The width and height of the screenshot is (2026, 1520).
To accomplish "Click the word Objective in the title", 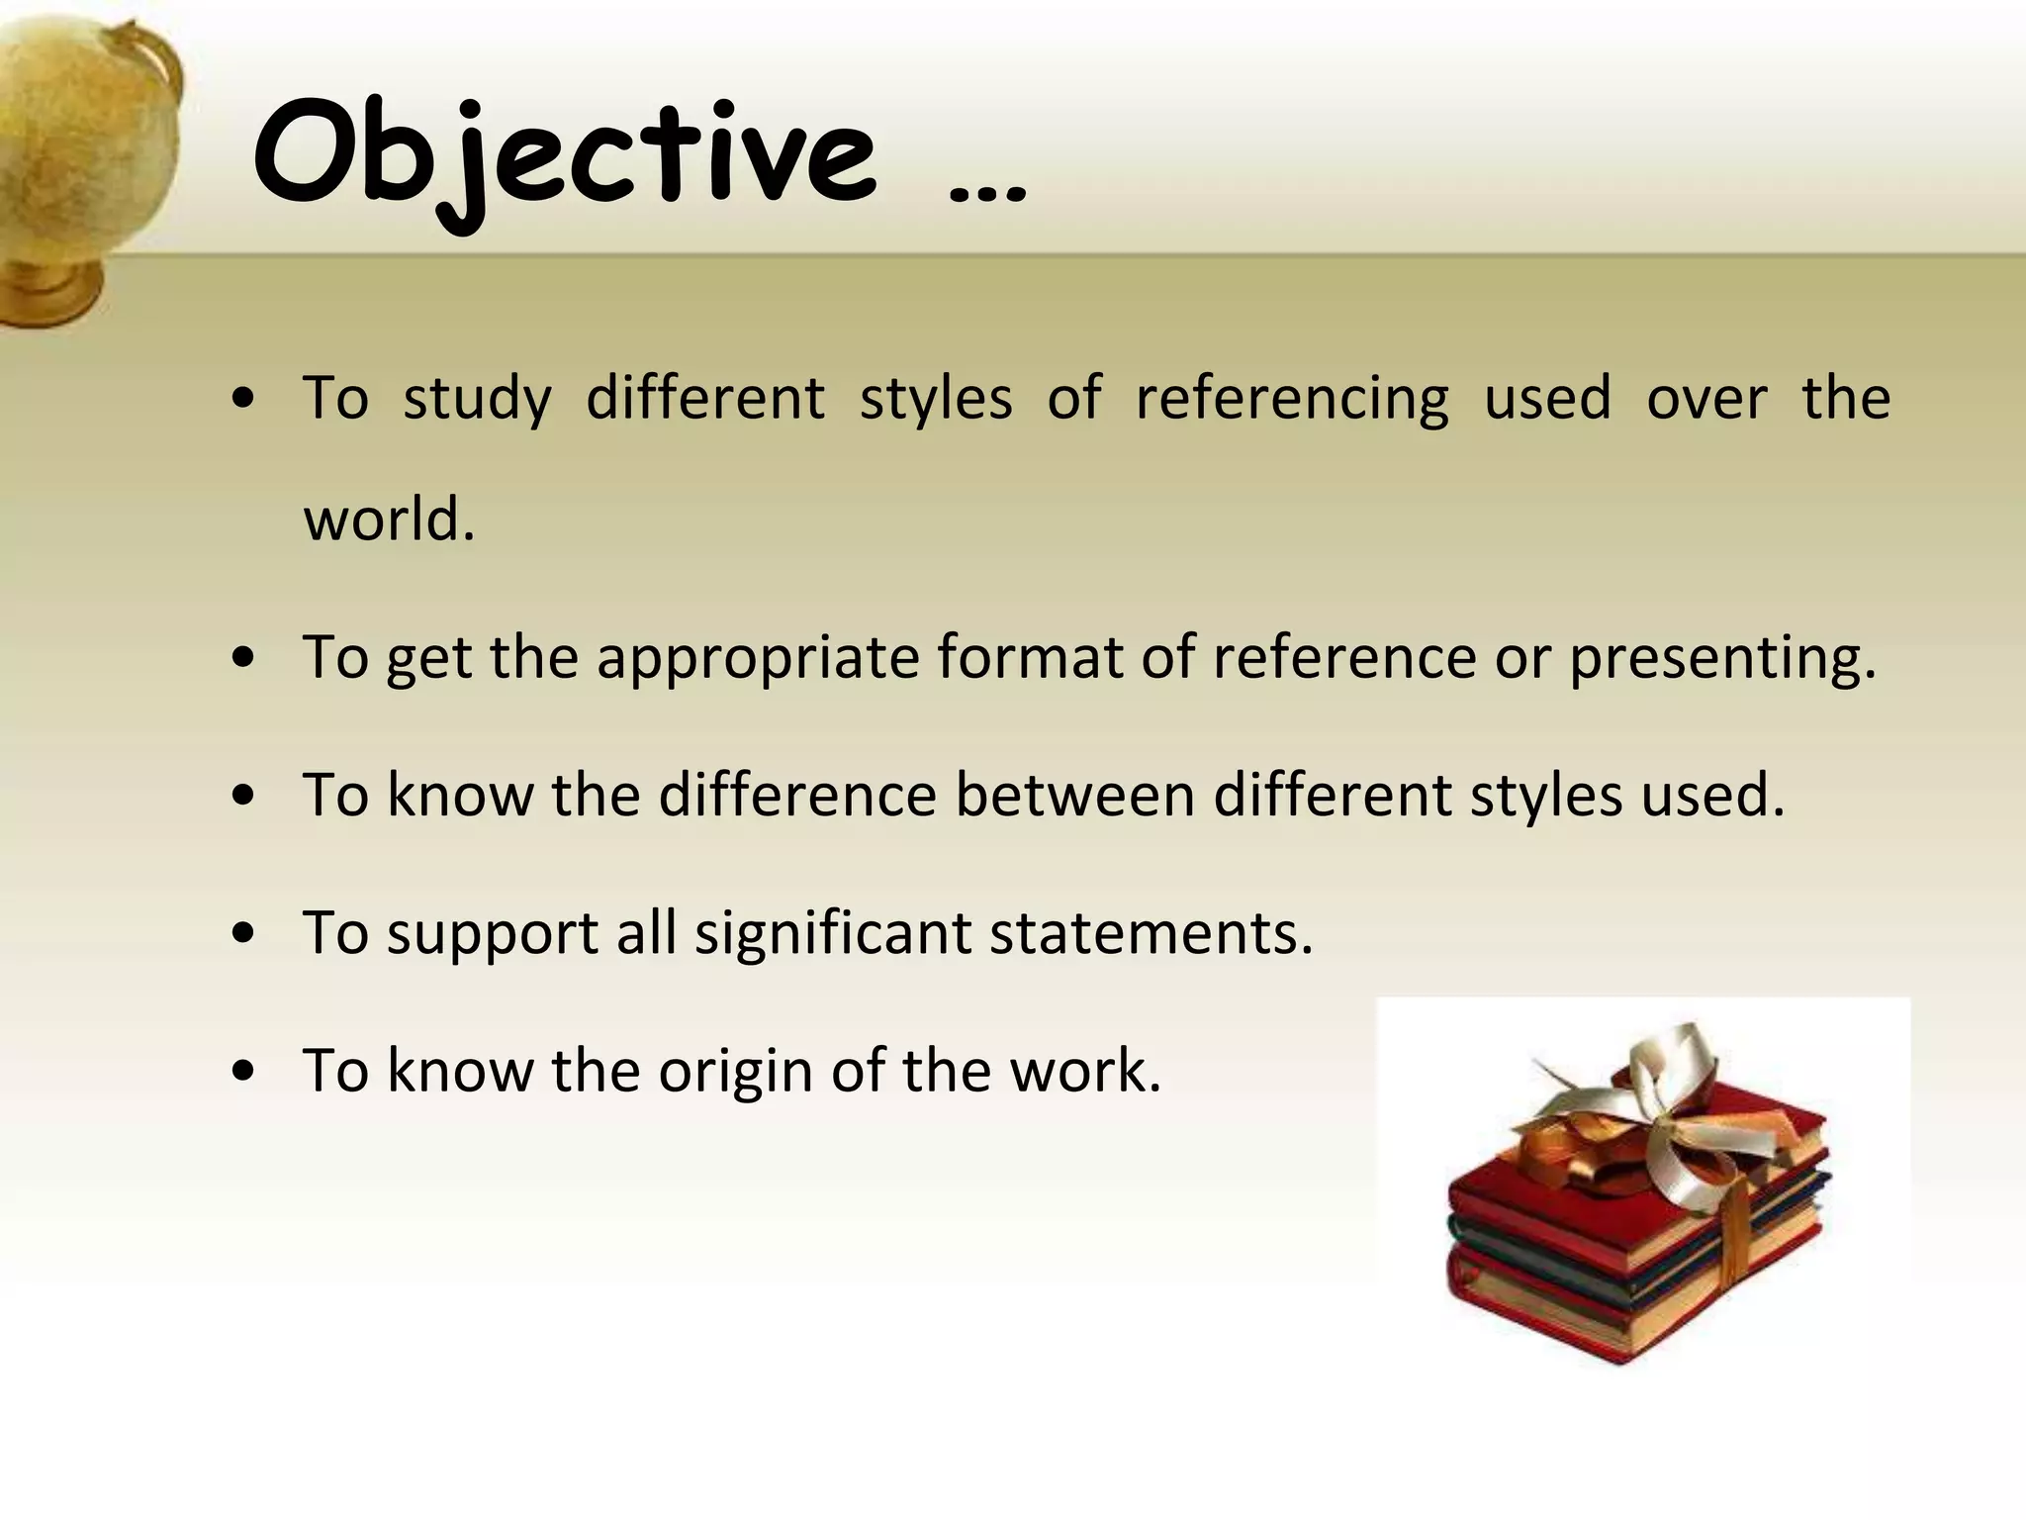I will click(x=564, y=158).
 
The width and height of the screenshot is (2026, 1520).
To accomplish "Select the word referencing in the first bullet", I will click(x=1292, y=399).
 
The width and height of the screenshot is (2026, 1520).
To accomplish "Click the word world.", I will click(x=389, y=519).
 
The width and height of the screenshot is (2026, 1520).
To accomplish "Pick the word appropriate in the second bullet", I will click(x=758, y=658).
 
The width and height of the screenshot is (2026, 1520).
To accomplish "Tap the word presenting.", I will click(x=1722, y=658).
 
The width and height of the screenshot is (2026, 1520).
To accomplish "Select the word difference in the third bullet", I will click(x=797, y=795).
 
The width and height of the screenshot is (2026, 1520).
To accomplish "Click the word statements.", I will click(x=1151, y=933).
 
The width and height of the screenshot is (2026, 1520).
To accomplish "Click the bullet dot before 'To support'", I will click(x=243, y=933).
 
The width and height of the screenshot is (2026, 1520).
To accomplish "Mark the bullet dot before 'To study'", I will click(x=243, y=400).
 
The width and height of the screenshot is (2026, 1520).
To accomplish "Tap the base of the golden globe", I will click(x=49, y=287).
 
